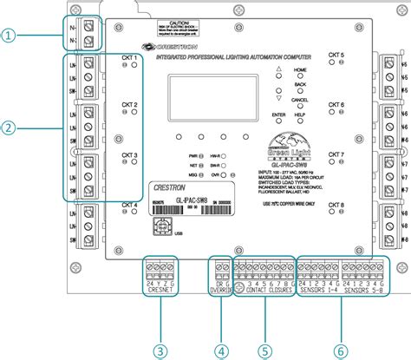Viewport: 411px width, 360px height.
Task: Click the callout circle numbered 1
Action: pyautogui.click(x=9, y=36)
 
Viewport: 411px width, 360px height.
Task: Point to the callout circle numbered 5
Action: pyautogui.click(x=264, y=350)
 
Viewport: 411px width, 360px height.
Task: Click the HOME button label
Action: pyautogui.click(x=301, y=75)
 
